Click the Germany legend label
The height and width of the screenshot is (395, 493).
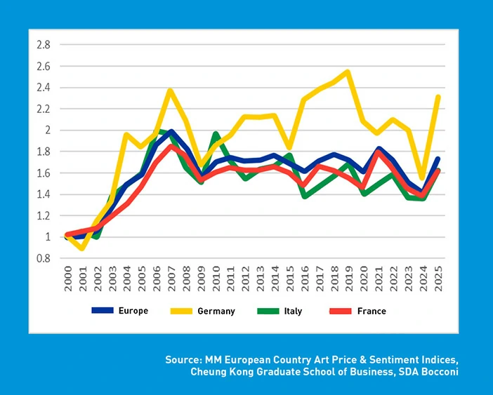216,311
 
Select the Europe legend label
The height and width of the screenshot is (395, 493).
133,311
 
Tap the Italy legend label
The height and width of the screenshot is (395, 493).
293,311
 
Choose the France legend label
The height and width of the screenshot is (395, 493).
372,311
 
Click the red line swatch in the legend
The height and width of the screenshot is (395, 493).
341,311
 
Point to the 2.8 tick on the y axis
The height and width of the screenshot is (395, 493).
43,44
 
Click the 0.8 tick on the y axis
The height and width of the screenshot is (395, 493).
43,259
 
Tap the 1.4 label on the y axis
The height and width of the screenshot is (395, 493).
43,194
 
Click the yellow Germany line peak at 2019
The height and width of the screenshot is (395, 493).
348,72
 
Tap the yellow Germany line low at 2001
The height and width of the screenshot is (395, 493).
84,248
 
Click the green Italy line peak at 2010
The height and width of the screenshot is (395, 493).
216,133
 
